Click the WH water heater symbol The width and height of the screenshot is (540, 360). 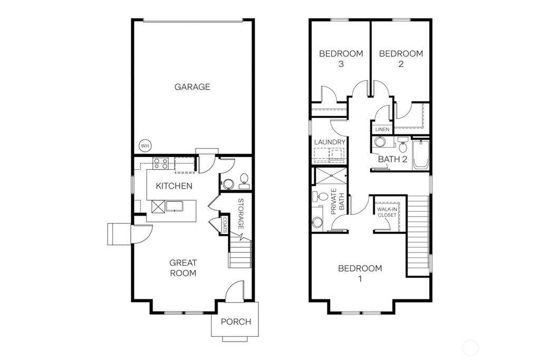pyautogui.click(x=144, y=145)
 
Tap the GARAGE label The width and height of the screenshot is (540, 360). pyautogui.click(x=192, y=87)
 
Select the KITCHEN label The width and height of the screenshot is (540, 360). pyautogui.click(x=173, y=186)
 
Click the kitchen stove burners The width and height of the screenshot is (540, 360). pyautogui.click(x=160, y=164)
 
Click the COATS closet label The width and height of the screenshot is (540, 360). pyautogui.click(x=225, y=225)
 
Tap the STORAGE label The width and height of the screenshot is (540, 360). pyautogui.click(x=240, y=213)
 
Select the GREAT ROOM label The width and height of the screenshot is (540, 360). pyautogui.click(x=183, y=268)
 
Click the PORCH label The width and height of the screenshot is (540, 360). pyautogui.click(x=236, y=322)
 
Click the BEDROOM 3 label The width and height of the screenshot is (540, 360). pyautogui.click(x=341, y=59)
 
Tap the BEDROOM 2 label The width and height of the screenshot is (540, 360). pyautogui.click(x=401, y=59)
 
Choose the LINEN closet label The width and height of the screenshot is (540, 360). pyautogui.click(x=382, y=129)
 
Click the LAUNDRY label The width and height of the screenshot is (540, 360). pyautogui.click(x=330, y=142)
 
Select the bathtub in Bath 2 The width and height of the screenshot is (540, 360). pyautogui.click(x=421, y=154)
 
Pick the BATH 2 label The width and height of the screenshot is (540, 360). pyautogui.click(x=393, y=159)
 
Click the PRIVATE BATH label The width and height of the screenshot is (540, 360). pyautogui.click(x=337, y=200)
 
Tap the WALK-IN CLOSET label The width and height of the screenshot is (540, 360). pyautogui.click(x=387, y=212)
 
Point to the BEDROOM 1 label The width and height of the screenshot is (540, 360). pyautogui.click(x=360, y=274)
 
